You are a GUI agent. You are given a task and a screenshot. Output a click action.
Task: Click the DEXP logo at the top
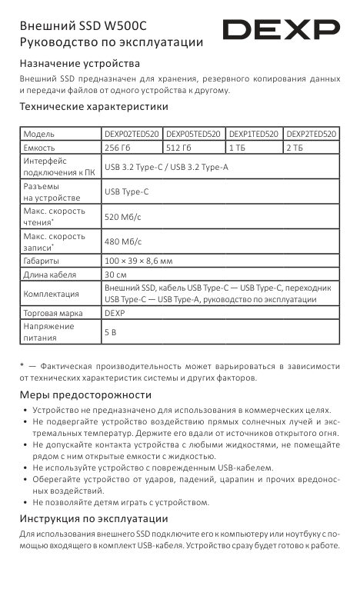(x=281, y=31)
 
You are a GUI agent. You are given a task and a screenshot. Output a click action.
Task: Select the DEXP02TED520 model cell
(x=132, y=134)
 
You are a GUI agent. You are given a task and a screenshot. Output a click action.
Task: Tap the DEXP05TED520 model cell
(x=193, y=134)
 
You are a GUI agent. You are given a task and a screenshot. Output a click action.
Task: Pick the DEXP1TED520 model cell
(x=253, y=134)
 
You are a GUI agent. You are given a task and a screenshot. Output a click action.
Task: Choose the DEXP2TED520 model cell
(x=311, y=134)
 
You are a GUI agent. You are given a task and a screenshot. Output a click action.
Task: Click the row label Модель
(x=39, y=134)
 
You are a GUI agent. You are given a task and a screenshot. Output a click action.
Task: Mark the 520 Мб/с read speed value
(x=122, y=218)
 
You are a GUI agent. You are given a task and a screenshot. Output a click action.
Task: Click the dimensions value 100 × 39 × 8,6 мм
(x=138, y=261)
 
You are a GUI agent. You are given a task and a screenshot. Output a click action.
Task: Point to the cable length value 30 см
(x=115, y=275)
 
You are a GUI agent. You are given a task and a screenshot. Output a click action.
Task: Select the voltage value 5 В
(x=109, y=332)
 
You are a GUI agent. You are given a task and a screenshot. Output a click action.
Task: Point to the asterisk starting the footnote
(x=23, y=365)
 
